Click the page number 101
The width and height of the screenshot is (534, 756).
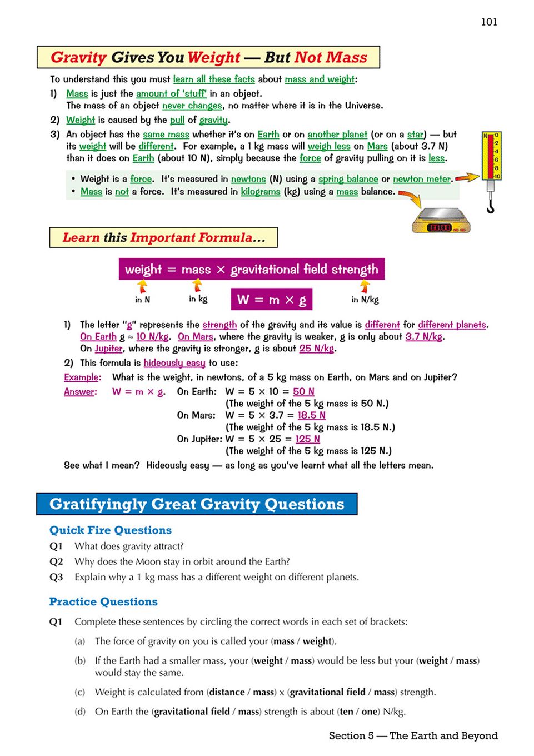pos(489,22)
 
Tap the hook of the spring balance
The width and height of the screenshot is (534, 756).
pos(490,207)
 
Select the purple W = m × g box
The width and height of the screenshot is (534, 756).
pos(272,299)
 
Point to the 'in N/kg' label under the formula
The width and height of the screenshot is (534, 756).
pos(365,300)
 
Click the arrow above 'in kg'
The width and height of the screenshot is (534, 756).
pos(197,285)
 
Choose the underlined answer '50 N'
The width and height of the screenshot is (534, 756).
pos(303,391)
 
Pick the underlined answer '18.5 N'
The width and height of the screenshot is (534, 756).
pos(311,415)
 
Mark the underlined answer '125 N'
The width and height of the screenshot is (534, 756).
pos(307,439)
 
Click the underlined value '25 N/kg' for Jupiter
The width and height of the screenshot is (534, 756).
pos(317,349)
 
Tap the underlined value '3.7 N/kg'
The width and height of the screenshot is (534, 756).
pos(424,336)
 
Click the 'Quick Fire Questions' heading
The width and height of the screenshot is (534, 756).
pos(111,530)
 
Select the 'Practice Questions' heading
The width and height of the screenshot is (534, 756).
pos(103,602)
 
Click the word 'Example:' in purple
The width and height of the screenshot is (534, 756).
pos(82,377)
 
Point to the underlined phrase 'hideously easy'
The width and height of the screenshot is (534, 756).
pos(174,363)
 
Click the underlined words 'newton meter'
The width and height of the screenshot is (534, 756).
pos(422,179)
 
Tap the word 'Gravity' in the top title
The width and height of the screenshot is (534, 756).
pos(78,57)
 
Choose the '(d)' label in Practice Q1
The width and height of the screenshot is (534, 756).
pos(80,712)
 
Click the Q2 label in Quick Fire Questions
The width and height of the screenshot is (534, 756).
pos(56,561)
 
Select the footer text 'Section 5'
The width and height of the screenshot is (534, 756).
pos(351,736)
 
